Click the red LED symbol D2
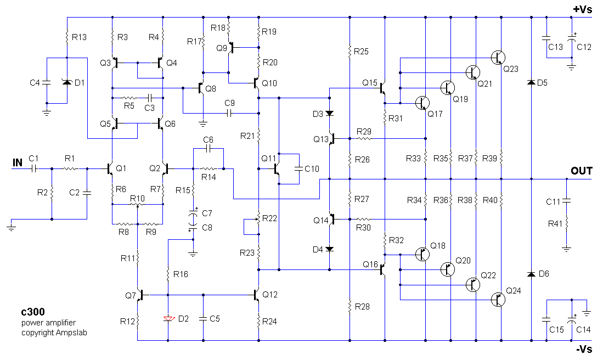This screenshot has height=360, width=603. point(167,318)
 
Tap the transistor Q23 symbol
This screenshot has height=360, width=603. point(498,57)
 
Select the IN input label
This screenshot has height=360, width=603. point(18,162)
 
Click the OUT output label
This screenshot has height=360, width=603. point(581,171)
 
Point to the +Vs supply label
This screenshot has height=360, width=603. point(582,9)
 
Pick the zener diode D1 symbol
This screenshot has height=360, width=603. point(67,82)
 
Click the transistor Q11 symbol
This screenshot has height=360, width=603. point(278,170)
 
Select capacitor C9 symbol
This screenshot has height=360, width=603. point(229,114)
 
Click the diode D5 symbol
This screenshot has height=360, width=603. point(531,82)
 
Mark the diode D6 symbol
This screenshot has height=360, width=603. point(531,274)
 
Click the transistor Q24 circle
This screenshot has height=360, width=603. point(498,300)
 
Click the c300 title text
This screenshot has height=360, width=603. point(32,313)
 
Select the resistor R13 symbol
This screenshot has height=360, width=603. point(67,37)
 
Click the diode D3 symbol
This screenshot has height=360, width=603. point(329,114)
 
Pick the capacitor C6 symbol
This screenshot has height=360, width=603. point(208,148)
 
